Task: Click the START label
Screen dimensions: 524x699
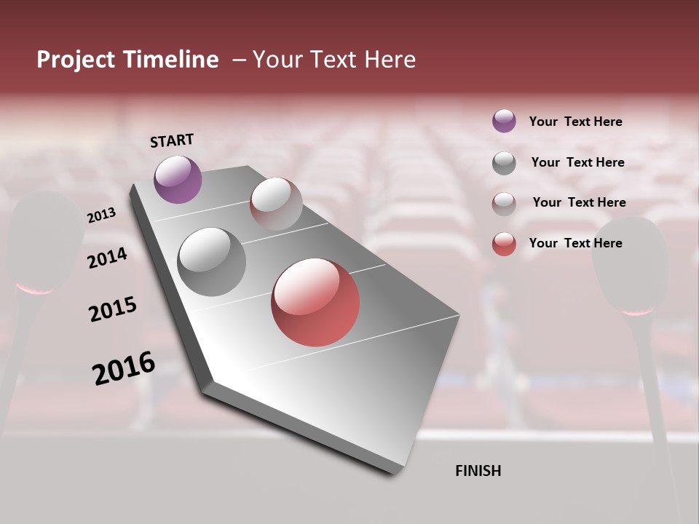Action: (x=172, y=140)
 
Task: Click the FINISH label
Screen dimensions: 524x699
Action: (x=478, y=471)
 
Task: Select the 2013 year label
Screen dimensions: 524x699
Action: (x=102, y=215)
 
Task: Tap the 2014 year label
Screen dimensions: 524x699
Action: (x=108, y=258)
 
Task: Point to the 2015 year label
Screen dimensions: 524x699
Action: (x=113, y=309)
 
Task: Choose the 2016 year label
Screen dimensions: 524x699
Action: (x=124, y=368)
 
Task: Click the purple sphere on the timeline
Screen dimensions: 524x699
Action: (x=178, y=179)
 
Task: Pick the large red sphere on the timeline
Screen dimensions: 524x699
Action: (x=315, y=302)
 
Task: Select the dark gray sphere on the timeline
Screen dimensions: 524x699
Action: (x=211, y=261)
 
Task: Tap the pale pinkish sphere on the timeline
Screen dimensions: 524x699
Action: (x=276, y=204)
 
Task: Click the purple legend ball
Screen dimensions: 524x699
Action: (x=504, y=121)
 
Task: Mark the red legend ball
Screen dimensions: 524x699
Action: (x=504, y=244)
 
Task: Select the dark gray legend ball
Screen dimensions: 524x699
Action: (x=504, y=163)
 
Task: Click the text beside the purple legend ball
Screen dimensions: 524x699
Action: (x=575, y=122)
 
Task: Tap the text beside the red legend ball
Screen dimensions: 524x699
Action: (x=575, y=243)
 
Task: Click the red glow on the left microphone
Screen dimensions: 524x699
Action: (x=33, y=289)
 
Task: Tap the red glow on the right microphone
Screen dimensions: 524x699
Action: (x=636, y=311)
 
